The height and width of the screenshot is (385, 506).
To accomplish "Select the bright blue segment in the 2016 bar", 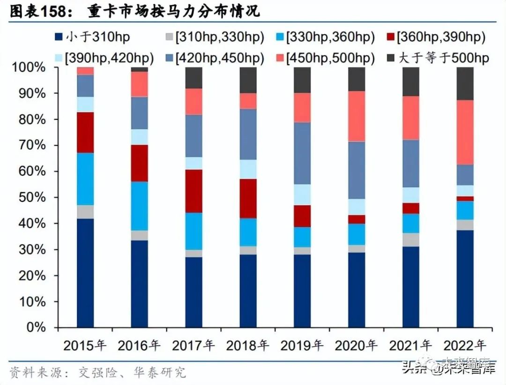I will pyautogui.click(x=140, y=206).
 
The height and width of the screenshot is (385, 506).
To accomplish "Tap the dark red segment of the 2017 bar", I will pyautogui.click(x=194, y=191).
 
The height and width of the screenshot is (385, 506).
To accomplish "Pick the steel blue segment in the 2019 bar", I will pyautogui.click(x=302, y=153).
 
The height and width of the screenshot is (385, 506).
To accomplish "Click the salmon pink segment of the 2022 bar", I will pyautogui.click(x=465, y=133).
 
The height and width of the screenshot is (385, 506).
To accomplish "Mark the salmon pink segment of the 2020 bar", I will pyautogui.click(x=357, y=116).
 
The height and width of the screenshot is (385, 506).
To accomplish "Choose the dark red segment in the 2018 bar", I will pyautogui.click(x=248, y=199).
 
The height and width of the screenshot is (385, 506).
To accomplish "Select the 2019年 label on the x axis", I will pyautogui.click(x=302, y=346).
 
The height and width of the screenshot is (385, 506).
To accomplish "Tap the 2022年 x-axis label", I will pyautogui.click(x=465, y=346).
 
